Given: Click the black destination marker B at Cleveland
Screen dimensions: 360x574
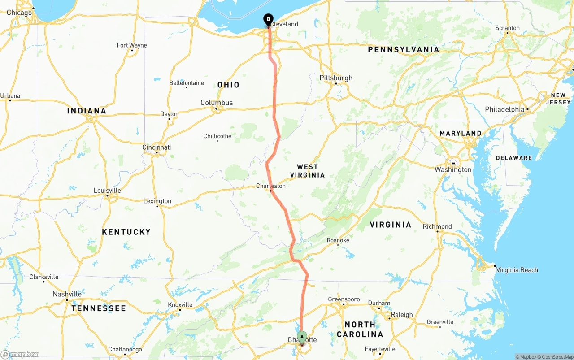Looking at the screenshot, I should [268, 20].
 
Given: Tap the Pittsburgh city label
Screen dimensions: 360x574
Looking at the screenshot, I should [336, 78].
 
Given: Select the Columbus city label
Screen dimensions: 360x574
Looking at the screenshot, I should [217, 103].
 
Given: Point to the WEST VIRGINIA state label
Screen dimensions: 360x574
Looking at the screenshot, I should [307, 171].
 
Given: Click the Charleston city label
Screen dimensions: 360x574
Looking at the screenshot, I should [271, 186].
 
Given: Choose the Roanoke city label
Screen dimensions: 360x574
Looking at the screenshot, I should [338, 240].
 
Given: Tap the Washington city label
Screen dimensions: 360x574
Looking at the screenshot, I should [453, 169].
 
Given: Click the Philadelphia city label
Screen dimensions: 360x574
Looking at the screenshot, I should [504, 109].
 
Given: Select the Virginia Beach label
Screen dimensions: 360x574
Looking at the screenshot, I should [517, 270].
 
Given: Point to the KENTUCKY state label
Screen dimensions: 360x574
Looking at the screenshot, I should [126, 232].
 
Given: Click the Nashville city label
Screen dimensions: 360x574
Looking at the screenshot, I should [67, 294].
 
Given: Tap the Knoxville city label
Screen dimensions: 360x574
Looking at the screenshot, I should [180, 305].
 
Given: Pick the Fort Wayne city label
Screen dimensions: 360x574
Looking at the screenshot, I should [132, 45].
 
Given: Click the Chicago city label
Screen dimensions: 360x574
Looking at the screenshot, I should [19, 13].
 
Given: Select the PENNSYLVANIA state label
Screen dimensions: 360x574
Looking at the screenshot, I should [403, 49].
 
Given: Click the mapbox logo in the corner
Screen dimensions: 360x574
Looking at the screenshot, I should [20, 354].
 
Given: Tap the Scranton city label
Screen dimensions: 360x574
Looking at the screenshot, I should [507, 28].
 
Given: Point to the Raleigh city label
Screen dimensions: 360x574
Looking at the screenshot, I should [402, 315].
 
